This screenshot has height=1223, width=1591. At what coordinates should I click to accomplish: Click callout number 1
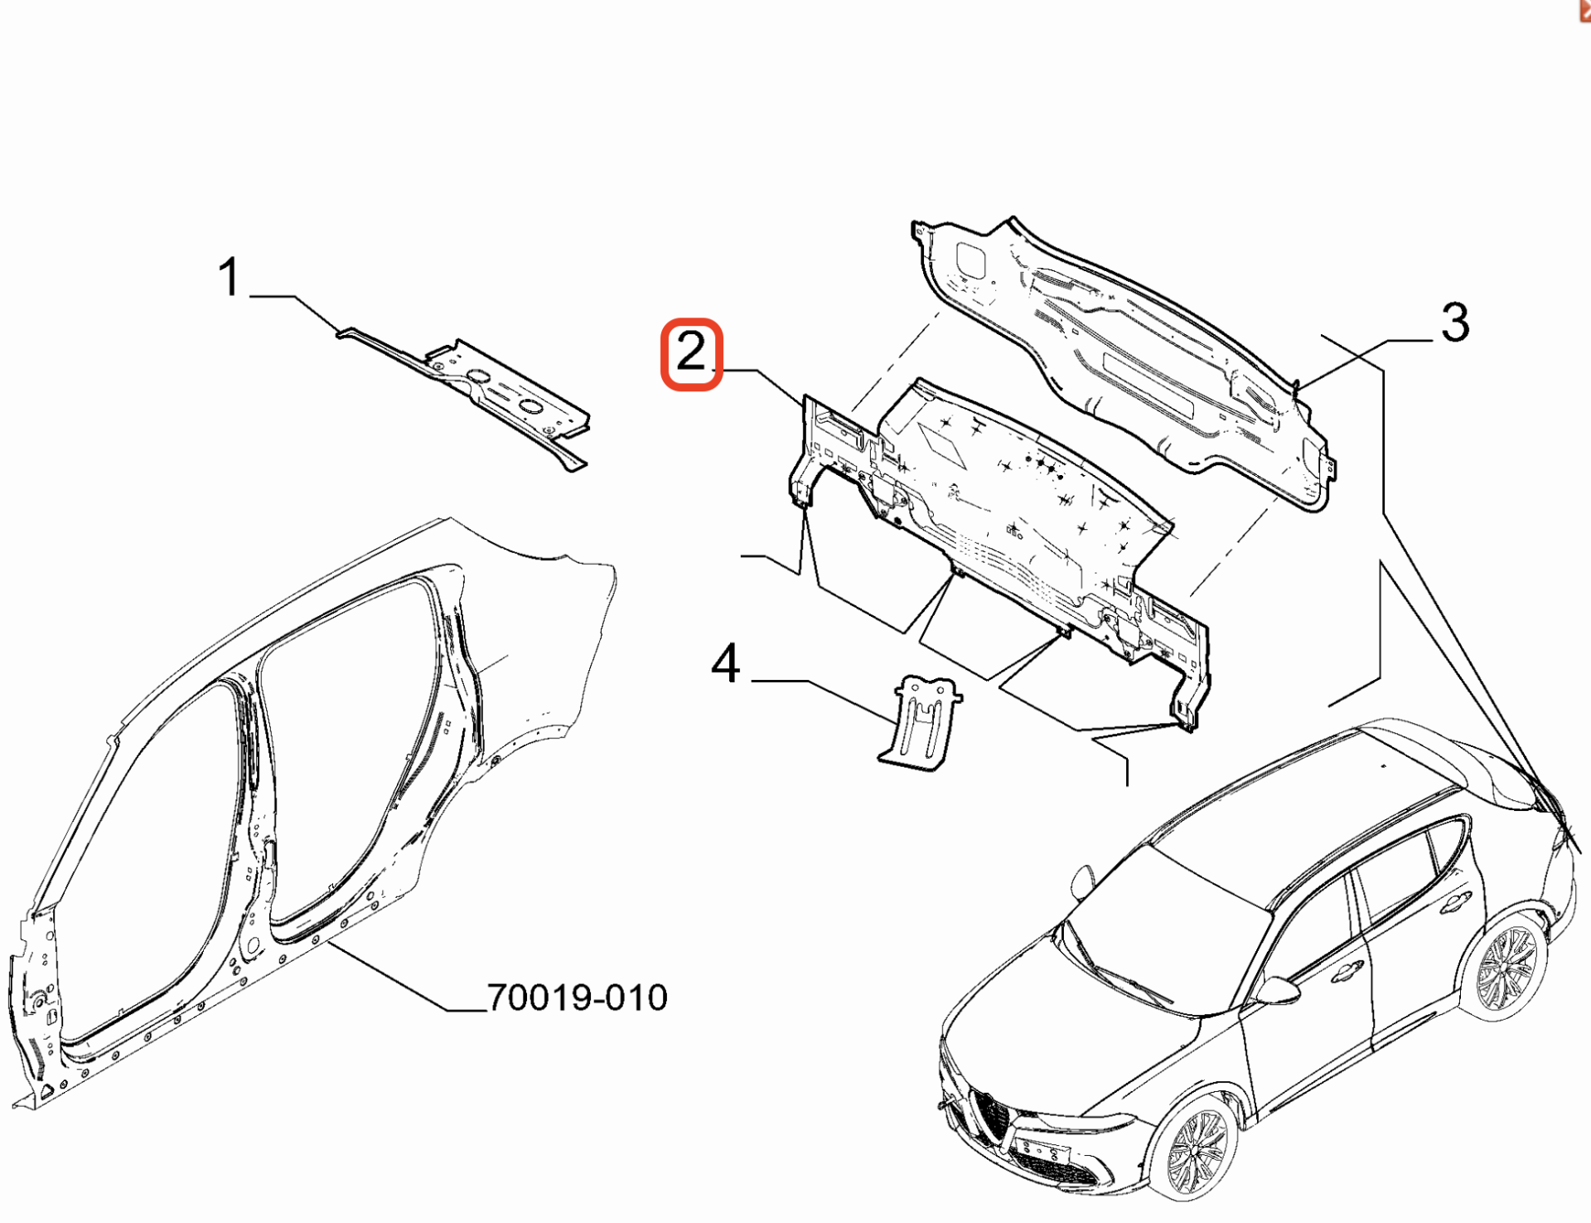pos(229,276)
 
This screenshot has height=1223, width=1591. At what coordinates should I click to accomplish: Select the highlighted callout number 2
pos(691,352)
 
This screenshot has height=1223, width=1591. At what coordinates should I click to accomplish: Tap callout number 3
pos(1455,322)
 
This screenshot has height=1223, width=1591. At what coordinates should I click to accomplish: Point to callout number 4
pos(726,663)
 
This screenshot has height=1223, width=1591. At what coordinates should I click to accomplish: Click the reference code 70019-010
pos(578,997)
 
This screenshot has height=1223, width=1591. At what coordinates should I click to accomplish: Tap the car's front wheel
pos(1194,1148)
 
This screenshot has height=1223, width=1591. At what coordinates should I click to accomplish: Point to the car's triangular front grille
pos(993,1115)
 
